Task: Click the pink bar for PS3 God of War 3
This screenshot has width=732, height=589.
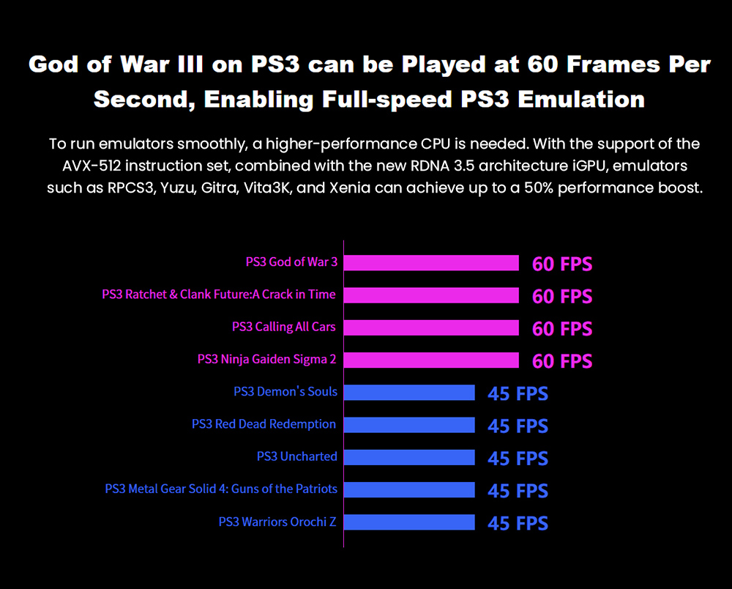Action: [431, 263]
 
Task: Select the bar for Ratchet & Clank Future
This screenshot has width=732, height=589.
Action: [431, 295]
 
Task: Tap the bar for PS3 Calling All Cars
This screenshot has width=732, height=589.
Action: [431, 327]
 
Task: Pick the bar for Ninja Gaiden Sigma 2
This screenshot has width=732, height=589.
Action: [431, 360]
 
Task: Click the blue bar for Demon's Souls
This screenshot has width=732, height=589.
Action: [409, 393]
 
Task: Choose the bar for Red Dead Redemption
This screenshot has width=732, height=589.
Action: [409, 425]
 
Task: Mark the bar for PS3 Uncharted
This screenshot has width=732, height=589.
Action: [409, 457]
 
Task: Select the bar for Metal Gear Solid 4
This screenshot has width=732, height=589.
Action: [409, 489]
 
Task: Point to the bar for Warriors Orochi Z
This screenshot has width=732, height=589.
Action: [409, 522]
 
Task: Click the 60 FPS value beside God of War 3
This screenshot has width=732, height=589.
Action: [562, 264]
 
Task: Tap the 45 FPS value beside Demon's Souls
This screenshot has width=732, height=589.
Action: [518, 394]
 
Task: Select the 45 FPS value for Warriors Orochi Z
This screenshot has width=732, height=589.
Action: [518, 524]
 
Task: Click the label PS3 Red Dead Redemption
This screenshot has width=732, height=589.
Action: [264, 424]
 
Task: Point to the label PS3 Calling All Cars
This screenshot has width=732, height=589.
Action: [284, 327]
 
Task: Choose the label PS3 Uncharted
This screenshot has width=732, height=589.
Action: [296, 456]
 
